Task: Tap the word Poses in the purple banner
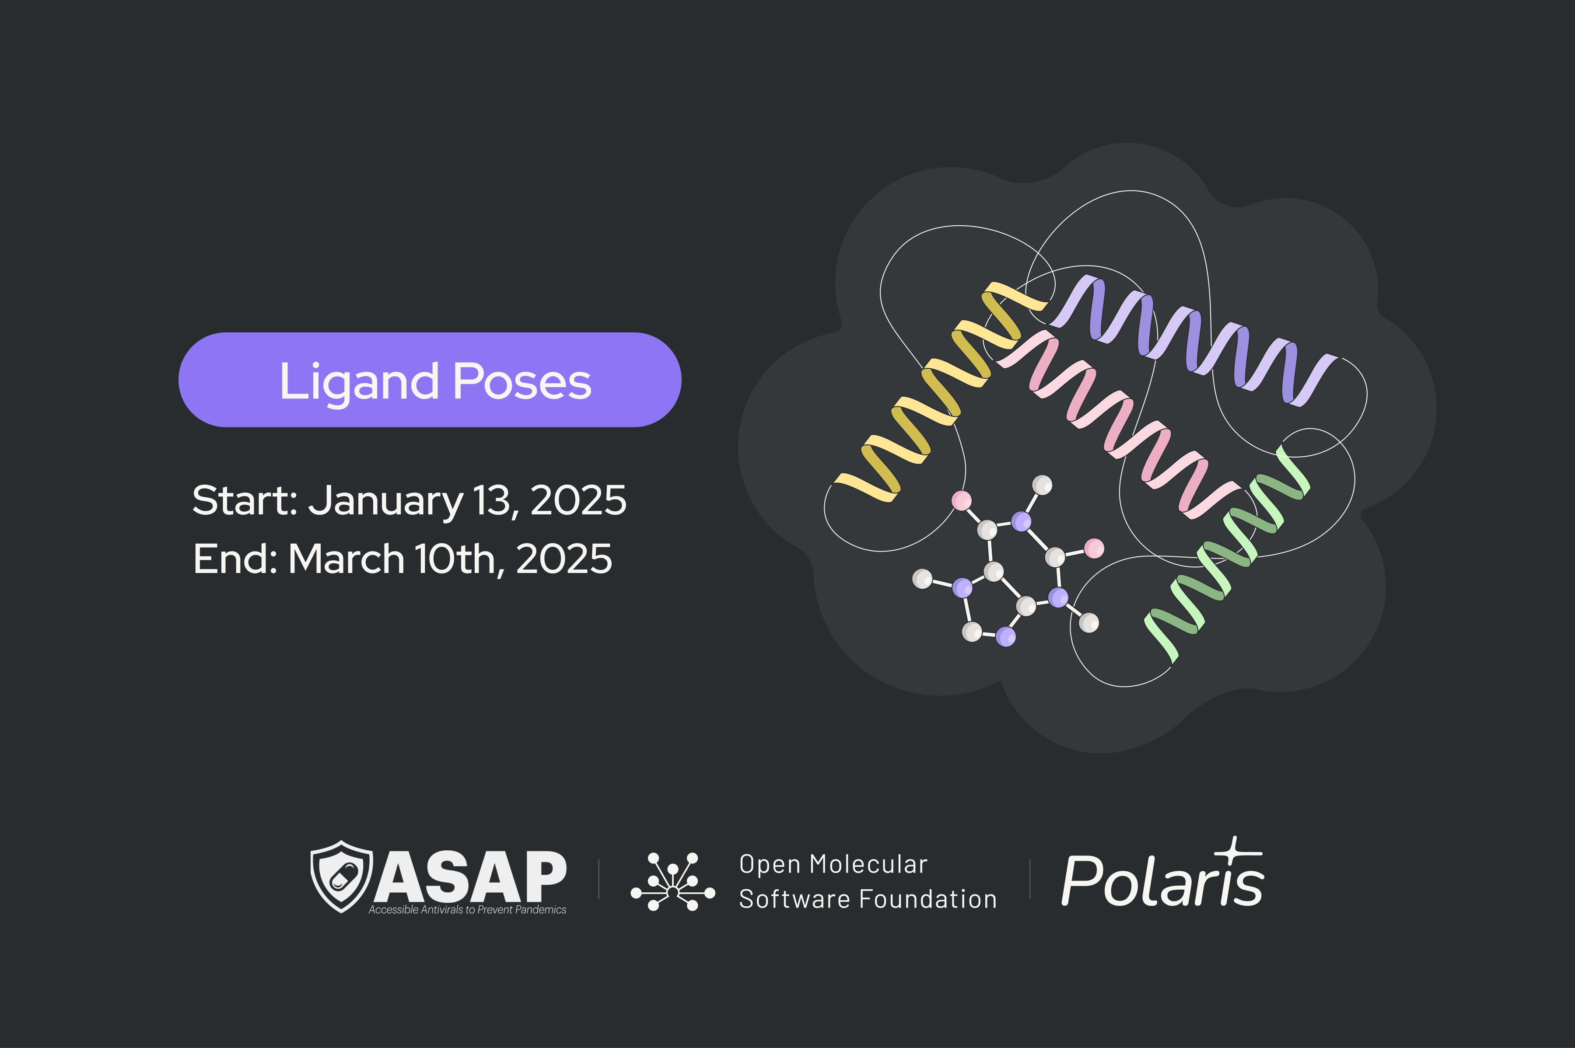point(522,381)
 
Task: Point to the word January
point(385,502)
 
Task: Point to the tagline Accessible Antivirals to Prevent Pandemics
point(467,910)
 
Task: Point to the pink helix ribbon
point(1123,428)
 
